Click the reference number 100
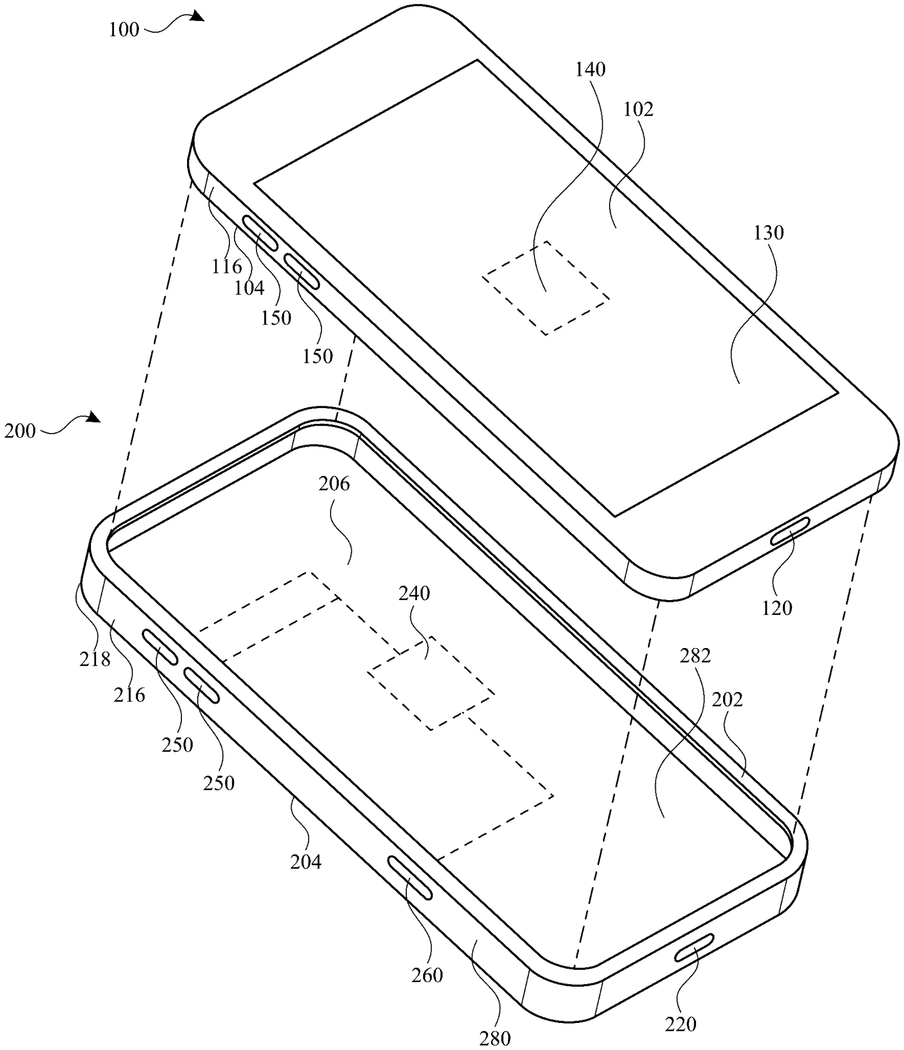[124, 29]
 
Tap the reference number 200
[20, 431]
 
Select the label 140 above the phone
[590, 69]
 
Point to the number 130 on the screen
[768, 233]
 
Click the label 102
[638, 109]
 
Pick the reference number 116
[227, 266]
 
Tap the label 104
[249, 288]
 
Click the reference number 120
[777, 608]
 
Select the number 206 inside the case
[334, 484]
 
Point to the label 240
[414, 593]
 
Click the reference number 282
[695, 655]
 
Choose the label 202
[727, 699]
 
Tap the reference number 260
[427, 975]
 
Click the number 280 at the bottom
[495, 1038]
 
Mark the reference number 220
[680, 1023]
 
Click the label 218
[94, 658]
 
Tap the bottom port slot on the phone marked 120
[790, 531]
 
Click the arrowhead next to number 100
[196, 16]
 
